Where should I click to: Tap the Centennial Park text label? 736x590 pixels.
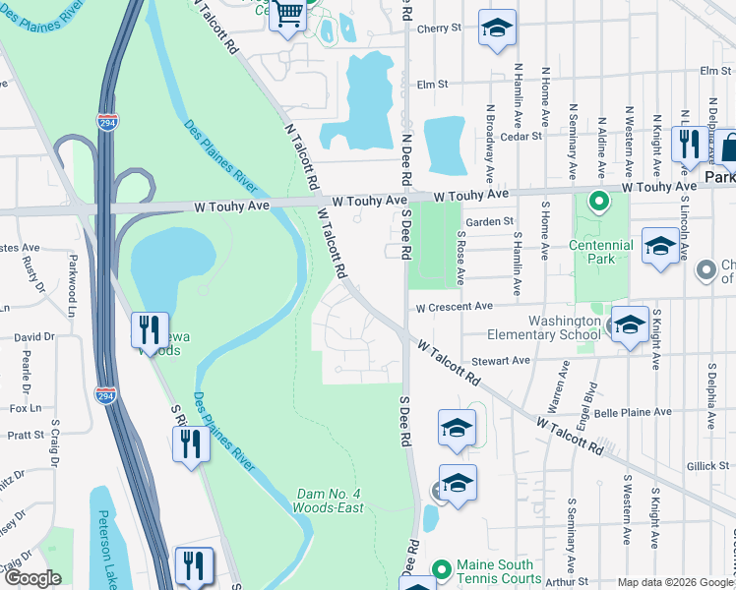tap(600, 252)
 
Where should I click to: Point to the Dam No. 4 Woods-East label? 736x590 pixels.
tap(328, 501)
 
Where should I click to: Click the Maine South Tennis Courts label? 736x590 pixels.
tap(496, 570)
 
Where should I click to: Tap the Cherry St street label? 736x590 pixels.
tap(439, 29)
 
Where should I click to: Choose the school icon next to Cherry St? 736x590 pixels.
tap(497, 29)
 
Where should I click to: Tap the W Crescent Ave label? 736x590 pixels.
tap(454, 307)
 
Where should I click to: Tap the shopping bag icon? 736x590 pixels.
tap(727, 147)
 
